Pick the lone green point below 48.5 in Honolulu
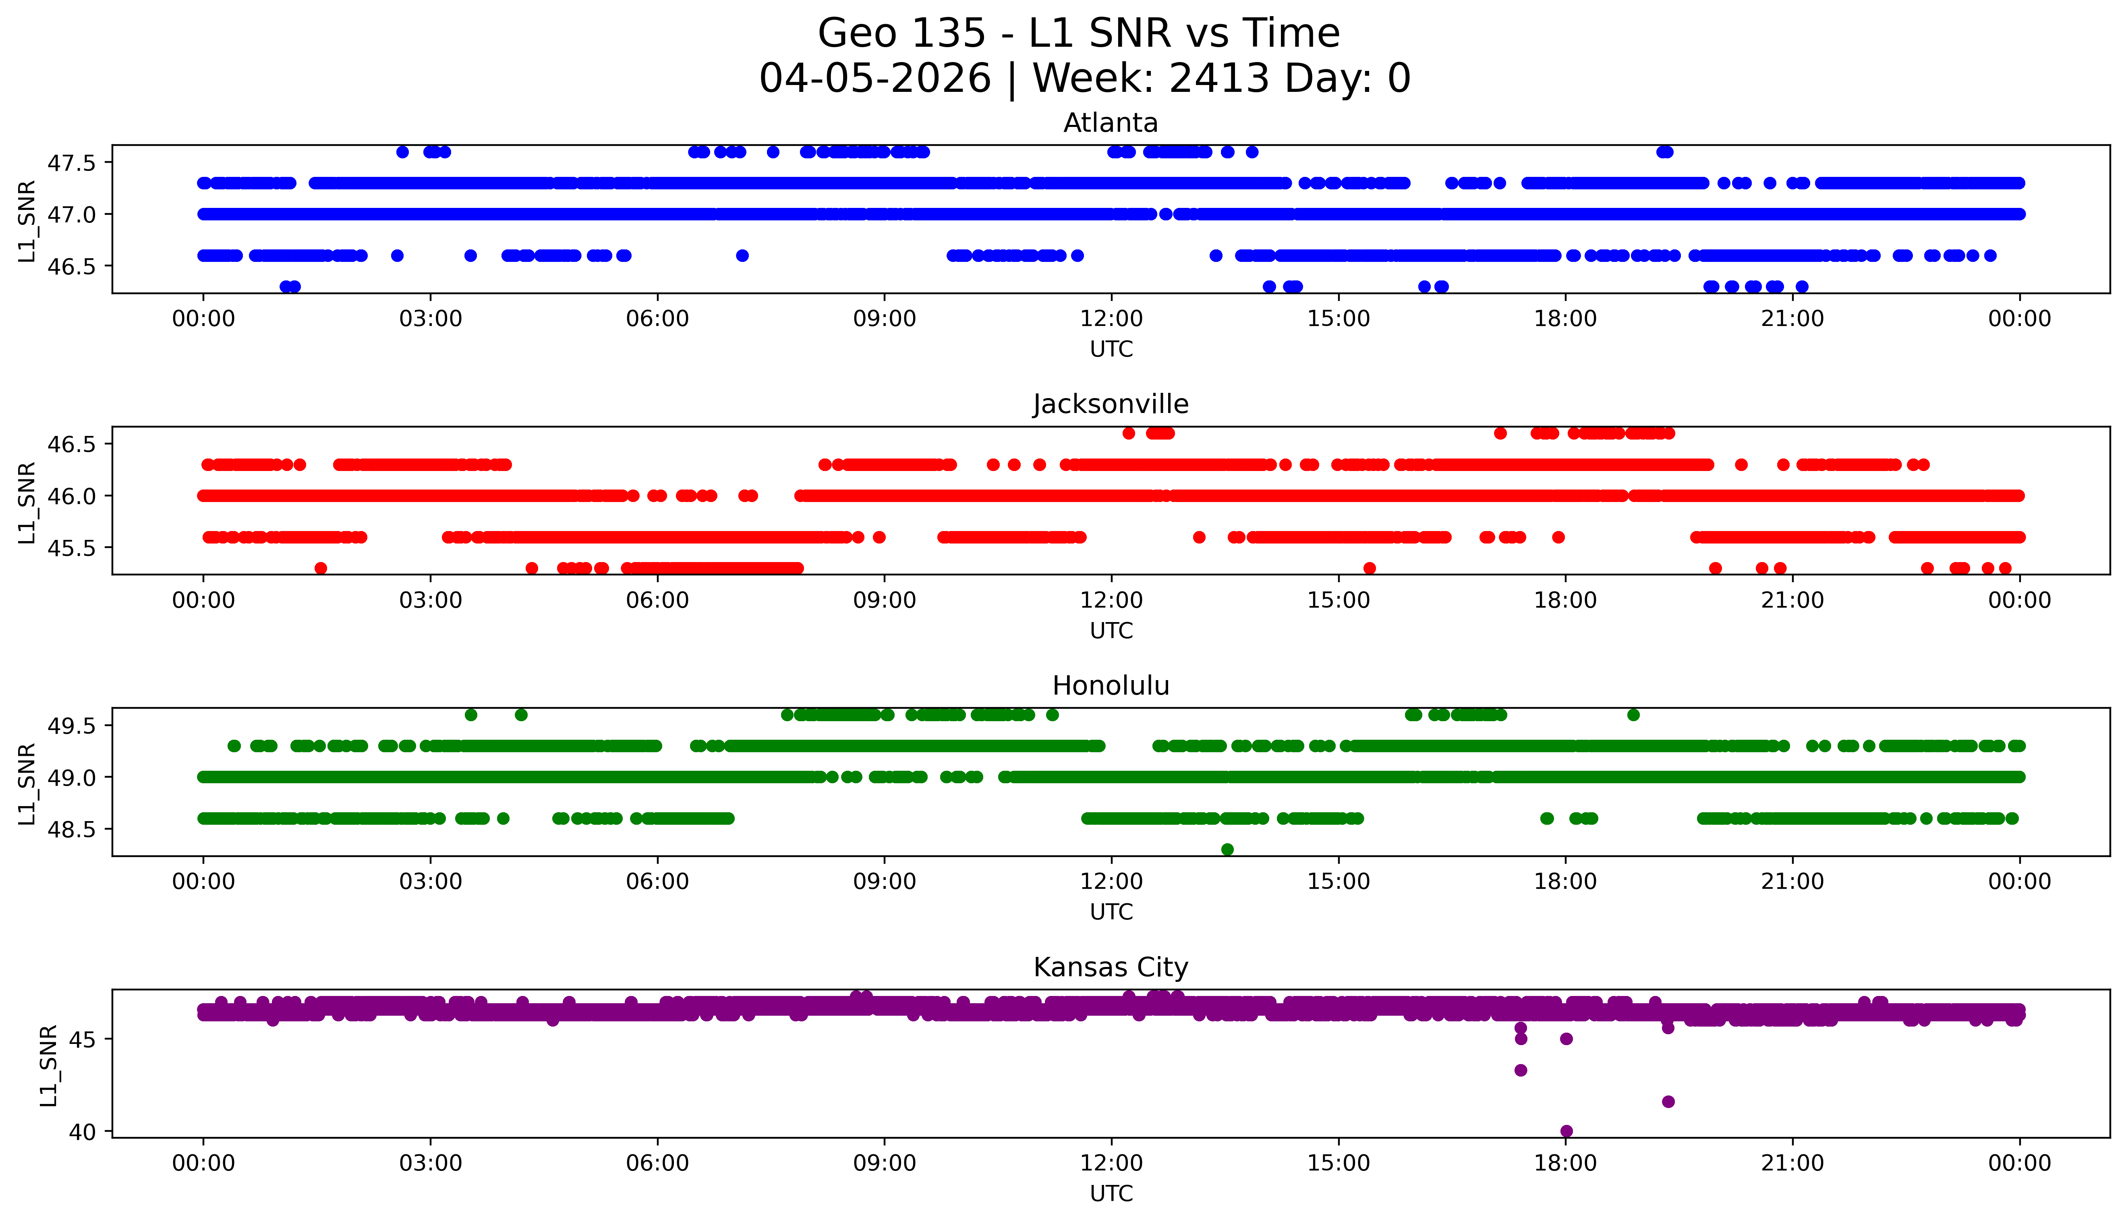pyautogui.click(x=1227, y=849)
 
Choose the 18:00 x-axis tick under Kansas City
pyautogui.click(x=1566, y=1163)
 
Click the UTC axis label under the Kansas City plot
pyautogui.click(x=1111, y=1193)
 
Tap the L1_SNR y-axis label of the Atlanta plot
pyautogui.click(x=27, y=221)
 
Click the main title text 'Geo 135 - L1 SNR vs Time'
pyautogui.click(x=1079, y=33)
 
